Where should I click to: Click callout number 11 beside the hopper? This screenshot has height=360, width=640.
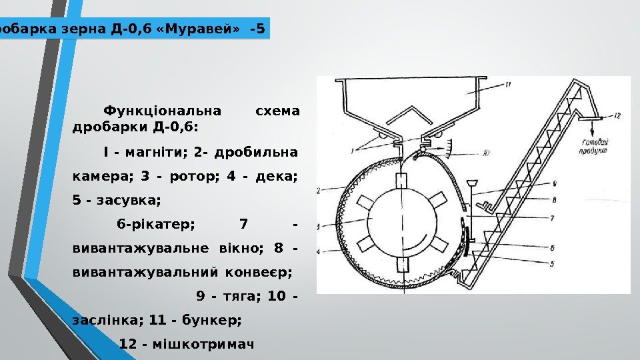(508, 85)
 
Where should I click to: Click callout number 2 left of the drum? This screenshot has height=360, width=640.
(320, 190)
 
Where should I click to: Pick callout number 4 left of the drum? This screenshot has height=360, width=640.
(319, 251)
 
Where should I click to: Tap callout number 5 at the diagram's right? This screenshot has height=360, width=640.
(553, 264)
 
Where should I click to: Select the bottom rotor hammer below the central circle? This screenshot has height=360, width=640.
(401, 264)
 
